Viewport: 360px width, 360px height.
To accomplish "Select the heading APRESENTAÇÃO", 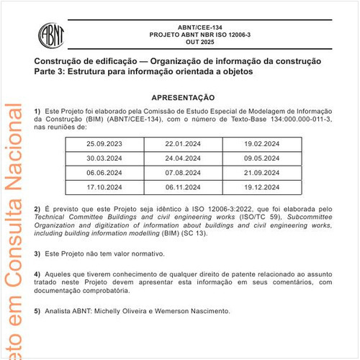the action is (x=183, y=96).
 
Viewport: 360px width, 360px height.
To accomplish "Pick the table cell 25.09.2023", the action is (x=106, y=145).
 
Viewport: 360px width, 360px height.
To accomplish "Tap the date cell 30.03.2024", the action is (x=106, y=159).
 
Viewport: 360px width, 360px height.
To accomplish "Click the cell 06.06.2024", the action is (x=106, y=174).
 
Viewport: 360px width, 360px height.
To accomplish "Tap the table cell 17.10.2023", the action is (x=106, y=187).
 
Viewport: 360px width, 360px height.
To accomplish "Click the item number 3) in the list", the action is (x=37, y=254).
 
